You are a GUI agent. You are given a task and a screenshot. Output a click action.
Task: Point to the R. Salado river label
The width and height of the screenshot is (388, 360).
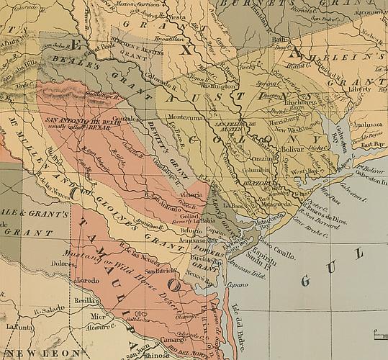point(46,310)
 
